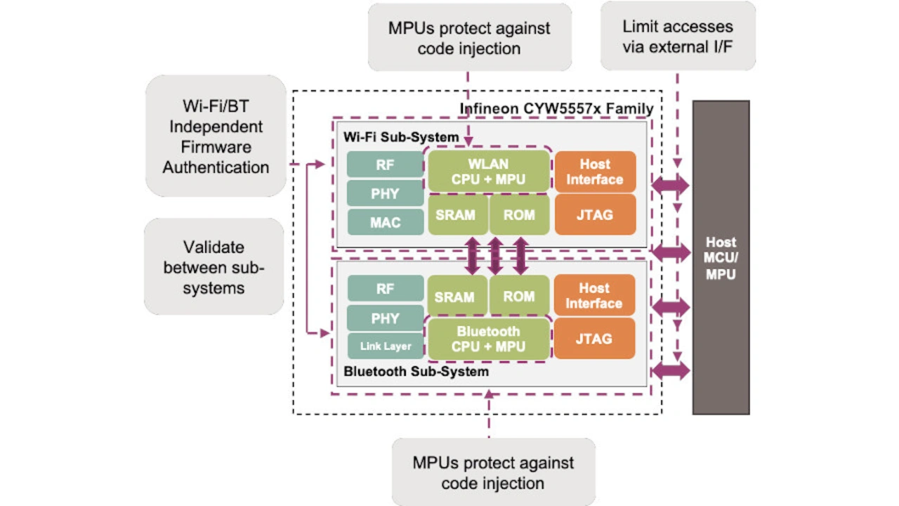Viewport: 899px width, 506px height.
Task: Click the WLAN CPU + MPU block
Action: (488, 171)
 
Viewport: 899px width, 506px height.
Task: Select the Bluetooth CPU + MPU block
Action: (488, 339)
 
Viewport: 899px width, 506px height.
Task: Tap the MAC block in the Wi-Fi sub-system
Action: (385, 222)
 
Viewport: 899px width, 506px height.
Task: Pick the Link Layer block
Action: (386, 346)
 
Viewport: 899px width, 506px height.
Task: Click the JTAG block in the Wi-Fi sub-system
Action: (595, 214)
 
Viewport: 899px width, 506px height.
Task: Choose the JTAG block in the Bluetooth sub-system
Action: (594, 339)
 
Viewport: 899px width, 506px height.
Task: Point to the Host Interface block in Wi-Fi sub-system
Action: (595, 171)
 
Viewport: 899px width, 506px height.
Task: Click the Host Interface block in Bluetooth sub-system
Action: (594, 296)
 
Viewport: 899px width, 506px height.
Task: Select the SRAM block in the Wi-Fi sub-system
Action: (456, 215)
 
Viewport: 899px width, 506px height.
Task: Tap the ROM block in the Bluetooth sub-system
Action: (519, 297)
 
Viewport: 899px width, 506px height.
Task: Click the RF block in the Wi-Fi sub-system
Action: (385, 164)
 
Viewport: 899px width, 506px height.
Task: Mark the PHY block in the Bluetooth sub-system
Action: (385, 318)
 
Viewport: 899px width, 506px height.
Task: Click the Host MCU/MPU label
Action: (721, 258)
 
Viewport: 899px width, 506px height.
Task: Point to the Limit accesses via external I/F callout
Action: (678, 37)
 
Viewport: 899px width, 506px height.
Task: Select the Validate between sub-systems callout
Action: (214, 267)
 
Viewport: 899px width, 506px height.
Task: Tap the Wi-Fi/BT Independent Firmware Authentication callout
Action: (216, 137)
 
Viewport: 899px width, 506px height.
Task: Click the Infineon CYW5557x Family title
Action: (556, 109)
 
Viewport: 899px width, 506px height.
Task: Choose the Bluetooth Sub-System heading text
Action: (416, 371)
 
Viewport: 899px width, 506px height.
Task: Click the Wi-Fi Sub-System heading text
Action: (401, 136)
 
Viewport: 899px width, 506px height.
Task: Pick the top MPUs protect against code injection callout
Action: (469, 38)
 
